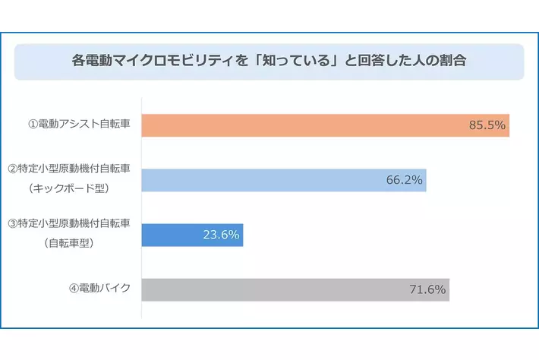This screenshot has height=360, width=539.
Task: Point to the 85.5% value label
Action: coord(487,125)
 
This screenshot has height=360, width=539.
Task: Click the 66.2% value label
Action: coord(405,180)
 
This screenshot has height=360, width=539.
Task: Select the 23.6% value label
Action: coord(221,235)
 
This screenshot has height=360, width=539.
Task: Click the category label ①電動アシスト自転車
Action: coord(78,125)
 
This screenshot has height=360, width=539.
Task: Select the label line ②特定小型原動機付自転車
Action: coord(68,169)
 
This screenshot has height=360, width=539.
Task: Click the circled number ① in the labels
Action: coord(33,125)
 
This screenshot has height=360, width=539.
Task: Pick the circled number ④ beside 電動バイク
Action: coord(74,289)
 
